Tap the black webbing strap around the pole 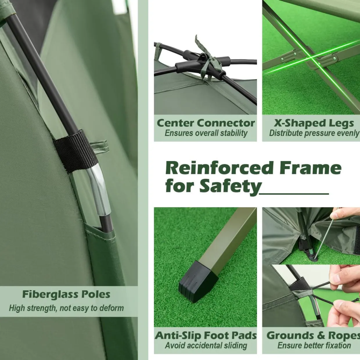(76, 150)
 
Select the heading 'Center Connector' (206, 123)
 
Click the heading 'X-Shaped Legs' (314, 123)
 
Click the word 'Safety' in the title (230, 187)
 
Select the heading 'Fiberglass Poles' (66, 294)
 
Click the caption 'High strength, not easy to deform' (66, 308)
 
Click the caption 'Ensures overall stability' (206, 133)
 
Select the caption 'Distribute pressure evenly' (314, 133)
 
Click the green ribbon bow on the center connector (207, 60)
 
